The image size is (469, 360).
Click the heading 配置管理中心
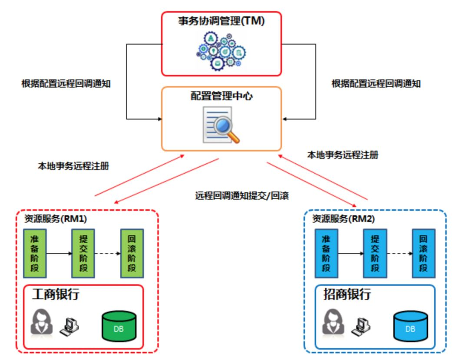tap(221, 96)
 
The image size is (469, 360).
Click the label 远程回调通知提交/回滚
tap(242, 195)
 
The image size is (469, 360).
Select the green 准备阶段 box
tap(34, 253)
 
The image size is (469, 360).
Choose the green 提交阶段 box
tap(83, 253)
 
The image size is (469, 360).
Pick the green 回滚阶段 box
tap(132, 253)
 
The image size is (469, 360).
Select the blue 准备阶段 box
tap(326, 253)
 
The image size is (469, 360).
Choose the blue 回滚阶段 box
tap(423, 253)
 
